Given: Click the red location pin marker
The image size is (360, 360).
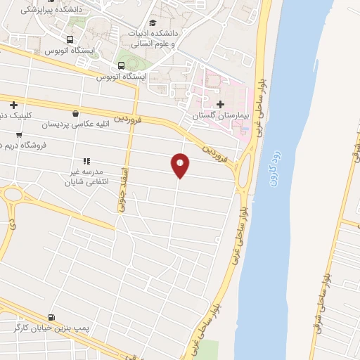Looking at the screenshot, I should click(180, 165).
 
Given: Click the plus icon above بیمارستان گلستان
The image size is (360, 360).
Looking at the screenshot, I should click(221, 104).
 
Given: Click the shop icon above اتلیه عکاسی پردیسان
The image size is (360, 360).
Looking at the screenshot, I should click(75, 112).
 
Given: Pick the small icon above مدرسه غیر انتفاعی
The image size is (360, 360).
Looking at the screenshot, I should click(87, 161).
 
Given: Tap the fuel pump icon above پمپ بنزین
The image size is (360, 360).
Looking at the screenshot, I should click(51, 317).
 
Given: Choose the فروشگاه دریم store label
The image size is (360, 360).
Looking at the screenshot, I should click(22, 145).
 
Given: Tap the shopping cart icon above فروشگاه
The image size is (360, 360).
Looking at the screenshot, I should click(19, 134).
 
